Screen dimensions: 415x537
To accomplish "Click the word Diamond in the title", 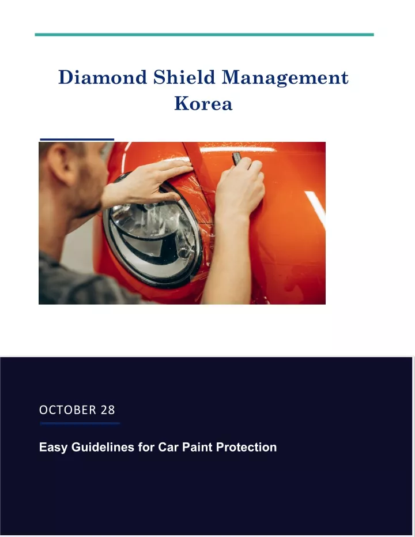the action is click(x=103, y=77).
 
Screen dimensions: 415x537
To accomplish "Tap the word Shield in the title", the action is click(x=184, y=77).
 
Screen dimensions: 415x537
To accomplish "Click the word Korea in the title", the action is click(x=203, y=103).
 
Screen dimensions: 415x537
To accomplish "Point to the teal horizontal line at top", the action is click(x=204, y=35).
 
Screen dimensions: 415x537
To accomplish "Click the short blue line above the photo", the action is click(x=77, y=140).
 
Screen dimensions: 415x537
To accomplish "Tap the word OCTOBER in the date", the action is click(x=68, y=410).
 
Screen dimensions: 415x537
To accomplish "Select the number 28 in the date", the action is click(x=108, y=410).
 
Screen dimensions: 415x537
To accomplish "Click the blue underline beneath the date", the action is click(x=80, y=423).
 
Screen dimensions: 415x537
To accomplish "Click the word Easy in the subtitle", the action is click(x=53, y=447).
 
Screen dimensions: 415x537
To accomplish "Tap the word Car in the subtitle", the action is click(x=168, y=447).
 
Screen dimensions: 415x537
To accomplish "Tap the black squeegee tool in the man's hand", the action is click(x=237, y=158).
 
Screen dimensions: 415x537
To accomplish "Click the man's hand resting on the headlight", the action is click(x=148, y=182).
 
